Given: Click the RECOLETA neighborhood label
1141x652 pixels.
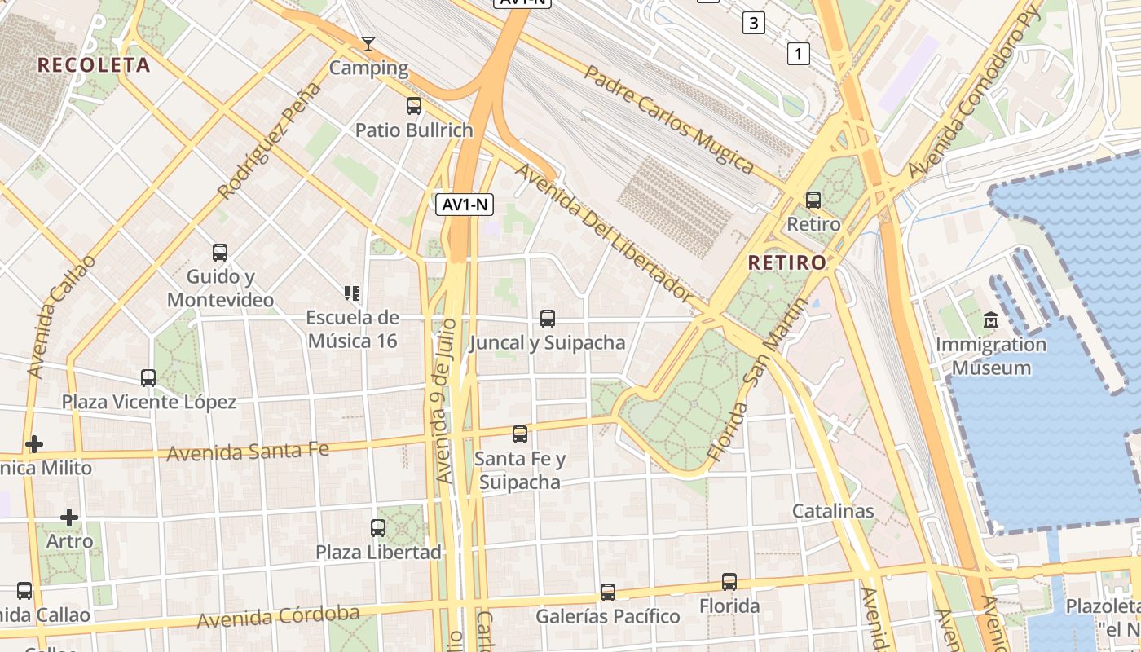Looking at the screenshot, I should pyautogui.click(x=94, y=65).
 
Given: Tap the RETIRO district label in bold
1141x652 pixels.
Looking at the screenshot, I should pyautogui.click(x=786, y=262).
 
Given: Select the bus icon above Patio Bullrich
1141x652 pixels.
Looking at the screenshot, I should pyautogui.click(x=414, y=105).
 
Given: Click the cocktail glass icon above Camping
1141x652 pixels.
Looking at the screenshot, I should pyautogui.click(x=368, y=43).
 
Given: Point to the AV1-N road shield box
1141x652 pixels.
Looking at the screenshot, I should pyautogui.click(x=465, y=205).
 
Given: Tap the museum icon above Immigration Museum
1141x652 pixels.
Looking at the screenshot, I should pyautogui.click(x=990, y=319).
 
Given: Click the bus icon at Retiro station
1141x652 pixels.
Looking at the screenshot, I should pyautogui.click(x=813, y=200).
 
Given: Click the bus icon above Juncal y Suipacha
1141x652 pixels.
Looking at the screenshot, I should pyautogui.click(x=548, y=319).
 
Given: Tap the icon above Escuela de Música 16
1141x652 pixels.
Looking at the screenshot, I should pyautogui.click(x=352, y=293).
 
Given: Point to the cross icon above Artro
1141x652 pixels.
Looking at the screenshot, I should pyautogui.click(x=69, y=517).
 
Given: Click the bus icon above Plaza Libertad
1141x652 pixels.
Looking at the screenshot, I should pyautogui.click(x=378, y=527).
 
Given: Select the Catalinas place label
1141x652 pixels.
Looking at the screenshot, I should pyautogui.click(x=833, y=511).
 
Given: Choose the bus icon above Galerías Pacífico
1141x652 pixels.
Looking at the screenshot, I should pyautogui.click(x=608, y=592).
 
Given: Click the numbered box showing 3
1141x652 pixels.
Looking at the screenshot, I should pyautogui.click(x=753, y=23).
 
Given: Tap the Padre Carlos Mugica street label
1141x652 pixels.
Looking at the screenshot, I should pyautogui.click(x=668, y=119).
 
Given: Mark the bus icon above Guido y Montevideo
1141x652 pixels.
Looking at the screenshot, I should pyautogui.click(x=220, y=252).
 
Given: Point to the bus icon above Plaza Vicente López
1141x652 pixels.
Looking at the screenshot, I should pyautogui.click(x=148, y=377).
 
